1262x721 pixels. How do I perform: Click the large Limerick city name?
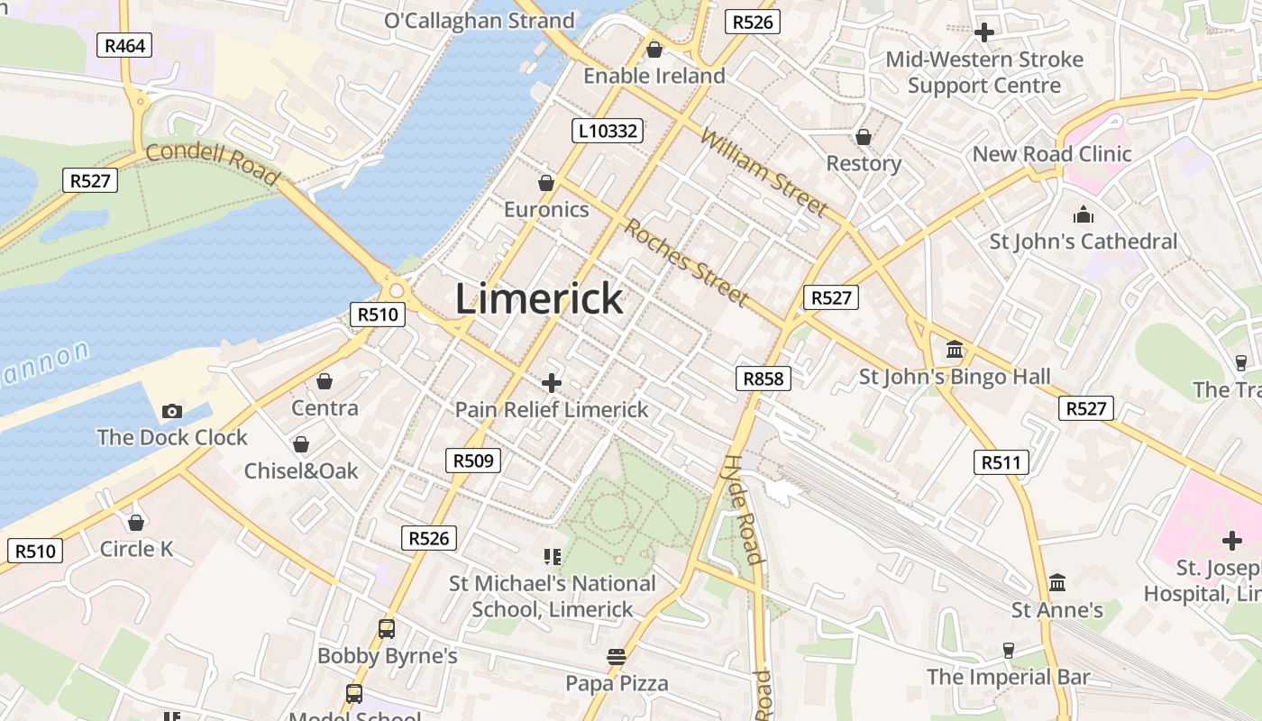539,298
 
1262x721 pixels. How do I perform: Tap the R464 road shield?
124,45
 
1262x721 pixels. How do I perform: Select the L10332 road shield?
608,131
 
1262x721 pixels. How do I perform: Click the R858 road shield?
764,379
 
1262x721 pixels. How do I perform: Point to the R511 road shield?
1001,463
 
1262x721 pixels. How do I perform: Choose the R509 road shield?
473,461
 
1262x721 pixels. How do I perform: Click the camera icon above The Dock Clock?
172,412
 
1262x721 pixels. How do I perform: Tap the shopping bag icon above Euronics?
546,183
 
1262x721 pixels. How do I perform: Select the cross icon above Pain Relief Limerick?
551,383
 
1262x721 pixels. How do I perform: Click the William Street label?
763,174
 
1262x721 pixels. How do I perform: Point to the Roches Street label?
686,262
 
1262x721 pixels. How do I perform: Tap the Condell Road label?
212,163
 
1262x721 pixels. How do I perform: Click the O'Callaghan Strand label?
479,21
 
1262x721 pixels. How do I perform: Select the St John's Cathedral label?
1084,242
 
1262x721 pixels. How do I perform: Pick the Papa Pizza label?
617,683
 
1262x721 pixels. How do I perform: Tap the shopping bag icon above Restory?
864,137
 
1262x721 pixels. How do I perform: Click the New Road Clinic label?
1051,154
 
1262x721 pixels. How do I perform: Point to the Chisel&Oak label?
301,470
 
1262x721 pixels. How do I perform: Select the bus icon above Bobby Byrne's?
387,629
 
